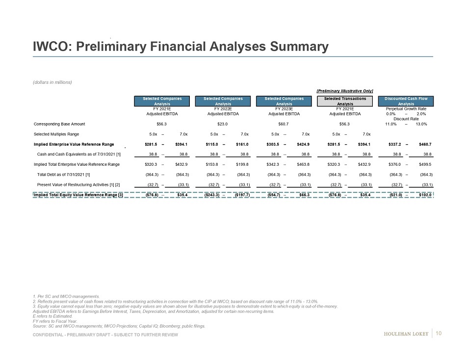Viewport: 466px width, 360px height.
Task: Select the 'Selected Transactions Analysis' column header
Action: pyautogui.click(x=345, y=101)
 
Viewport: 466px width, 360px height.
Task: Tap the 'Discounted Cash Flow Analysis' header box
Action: pyautogui.click(x=406, y=101)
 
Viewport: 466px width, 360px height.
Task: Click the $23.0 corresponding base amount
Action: pyautogui.click(x=222, y=124)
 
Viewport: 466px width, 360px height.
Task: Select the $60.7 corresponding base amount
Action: pyautogui.click(x=283, y=124)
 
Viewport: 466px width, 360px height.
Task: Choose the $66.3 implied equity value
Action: pyautogui.click(x=301, y=195)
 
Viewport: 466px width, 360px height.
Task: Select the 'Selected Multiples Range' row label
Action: pyautogui.click(x=56, y=134)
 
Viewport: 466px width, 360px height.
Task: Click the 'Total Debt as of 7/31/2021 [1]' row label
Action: pyautogui.click(x=63, y=174)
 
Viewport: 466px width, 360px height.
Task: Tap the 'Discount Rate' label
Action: pyautogui.click(x=406, y=118)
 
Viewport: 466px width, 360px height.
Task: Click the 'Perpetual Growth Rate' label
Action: pyautogui.click(x=406, y=108)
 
